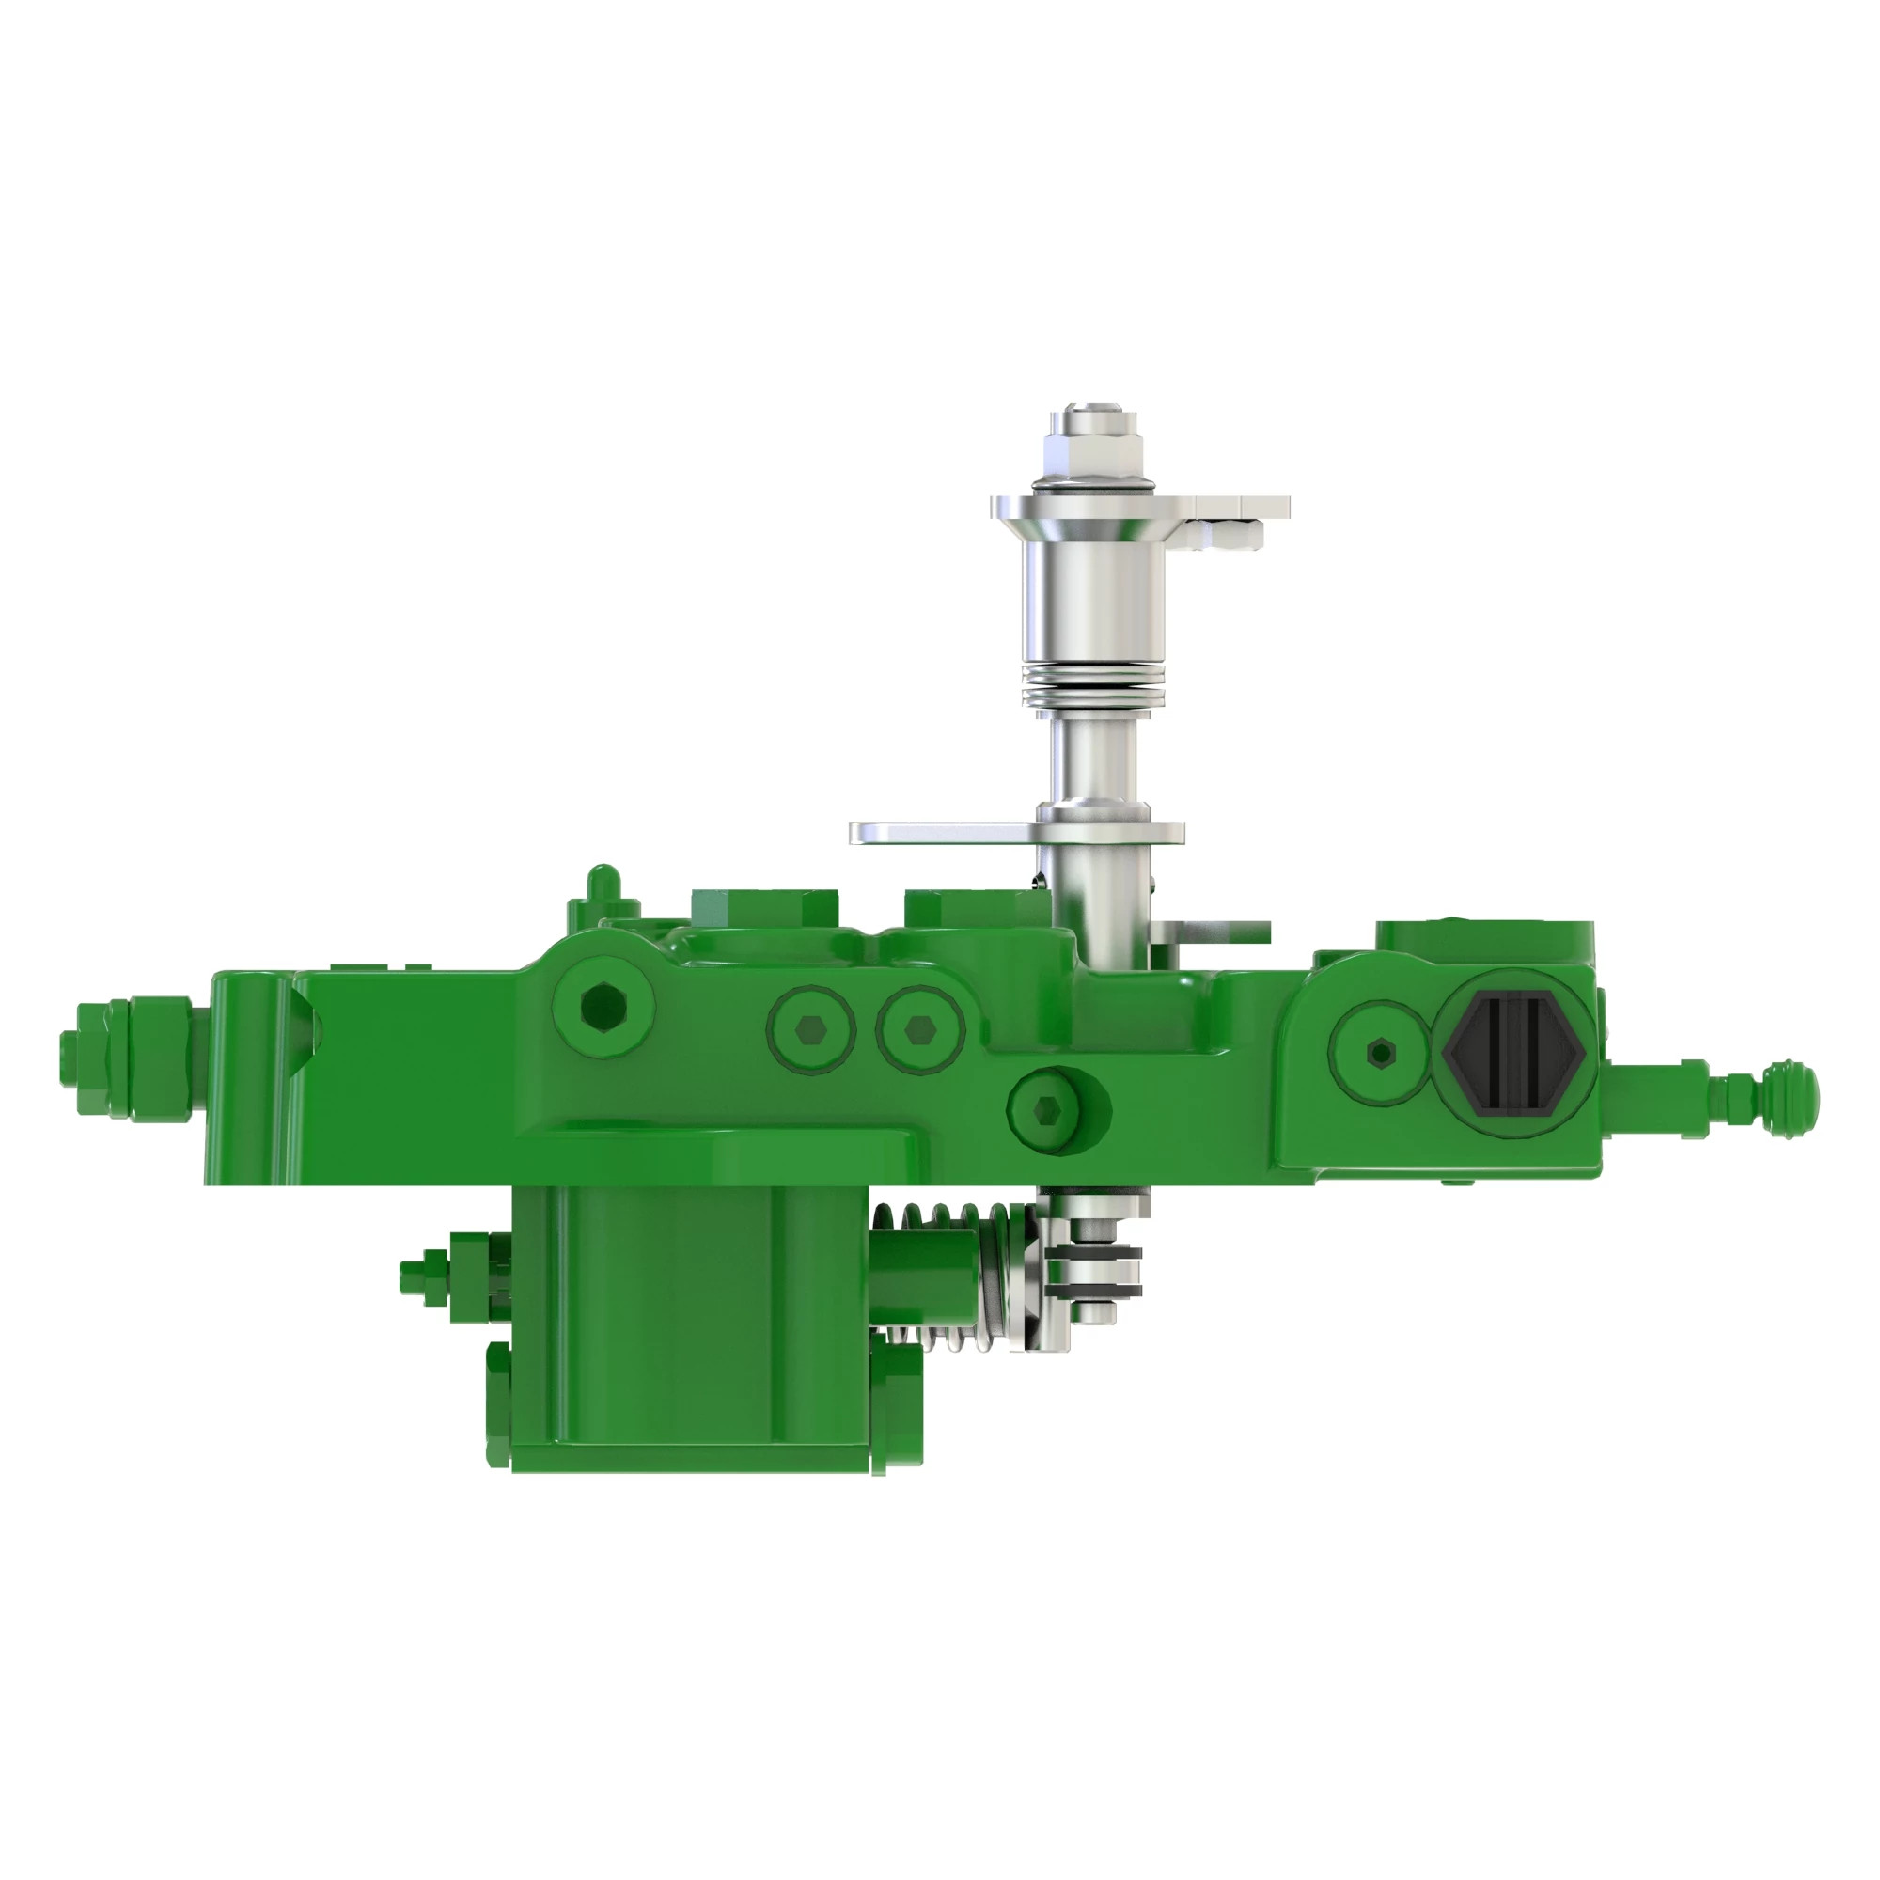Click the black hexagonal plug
1514,1052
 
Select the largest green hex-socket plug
603,1006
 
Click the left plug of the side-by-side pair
810,1028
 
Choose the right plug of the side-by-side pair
919,1028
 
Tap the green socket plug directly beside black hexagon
1379,1052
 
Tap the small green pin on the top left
603,882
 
